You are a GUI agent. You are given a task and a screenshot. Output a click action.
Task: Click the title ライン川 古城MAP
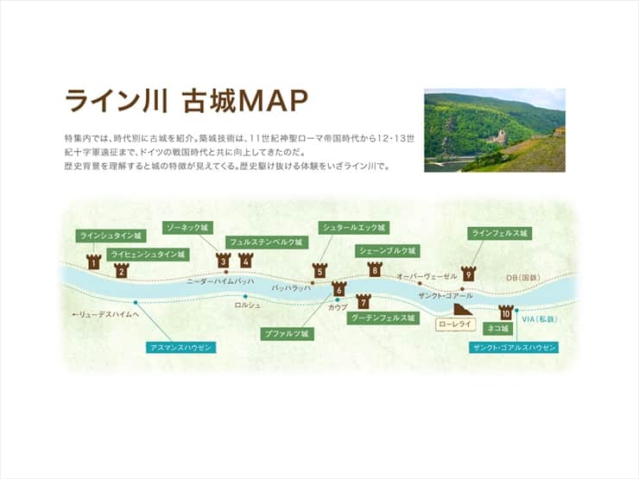[x=187, y=101]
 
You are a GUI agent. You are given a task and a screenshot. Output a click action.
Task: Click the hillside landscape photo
[x=494, y=129]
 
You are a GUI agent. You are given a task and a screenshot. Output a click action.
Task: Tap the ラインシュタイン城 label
[x=110, y=235]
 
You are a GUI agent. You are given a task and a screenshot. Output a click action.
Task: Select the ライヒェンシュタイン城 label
[x=148, y=255]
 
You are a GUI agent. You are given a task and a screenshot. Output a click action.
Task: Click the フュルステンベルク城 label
[x=265, y=243]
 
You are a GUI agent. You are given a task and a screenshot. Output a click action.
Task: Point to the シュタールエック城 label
[x=353, y=228]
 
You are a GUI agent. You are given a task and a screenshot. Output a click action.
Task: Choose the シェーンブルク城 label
[x=387, y=251]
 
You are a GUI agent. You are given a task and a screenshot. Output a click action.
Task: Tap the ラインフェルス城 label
[x=498, y=233]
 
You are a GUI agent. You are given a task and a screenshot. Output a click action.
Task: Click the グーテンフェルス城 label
[x=383, y=318]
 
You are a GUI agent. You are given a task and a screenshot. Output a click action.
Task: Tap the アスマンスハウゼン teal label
[x=180, y=347]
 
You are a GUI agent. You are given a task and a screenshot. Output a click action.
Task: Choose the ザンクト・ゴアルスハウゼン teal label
[x=514, y=347]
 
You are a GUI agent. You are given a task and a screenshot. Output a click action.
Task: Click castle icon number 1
[x=94, y=262]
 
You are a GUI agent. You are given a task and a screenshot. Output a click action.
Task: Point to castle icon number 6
[x=338, y=288]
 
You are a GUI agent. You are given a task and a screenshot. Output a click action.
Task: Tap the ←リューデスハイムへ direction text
[x=105, y=315]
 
